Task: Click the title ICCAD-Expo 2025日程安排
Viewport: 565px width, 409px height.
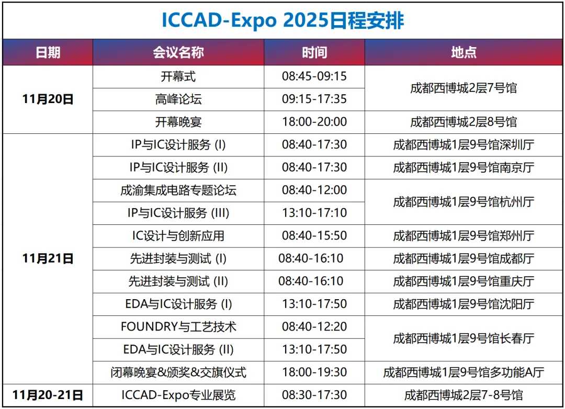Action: (x=282, y=20)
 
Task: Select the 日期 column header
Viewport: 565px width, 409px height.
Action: (x=48, y=52)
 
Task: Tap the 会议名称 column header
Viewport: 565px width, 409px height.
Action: (x=178, y=52)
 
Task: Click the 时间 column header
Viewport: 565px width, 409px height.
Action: (x=314, y=52)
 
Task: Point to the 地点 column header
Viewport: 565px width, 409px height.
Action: (x=464, y=52)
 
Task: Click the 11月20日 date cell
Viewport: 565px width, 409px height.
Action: (x=48, y=99)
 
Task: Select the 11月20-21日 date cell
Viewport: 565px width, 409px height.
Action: (x=48, y=395)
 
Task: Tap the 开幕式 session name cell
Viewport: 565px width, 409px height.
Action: (x=178, y=76)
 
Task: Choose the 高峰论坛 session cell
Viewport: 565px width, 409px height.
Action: (x=178, y=99)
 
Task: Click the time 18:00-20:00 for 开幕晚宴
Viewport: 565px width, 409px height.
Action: (x=314, y=122)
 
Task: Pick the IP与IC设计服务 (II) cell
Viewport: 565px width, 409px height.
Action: (x=178, y=167)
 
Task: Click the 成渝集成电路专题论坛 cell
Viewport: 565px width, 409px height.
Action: (x=178, y=190)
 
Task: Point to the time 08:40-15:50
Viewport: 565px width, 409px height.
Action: (x=314, y=235)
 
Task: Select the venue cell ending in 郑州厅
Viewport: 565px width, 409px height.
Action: (x=464, y=235)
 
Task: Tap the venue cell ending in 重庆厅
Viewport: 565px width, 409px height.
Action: (x=464, y=281)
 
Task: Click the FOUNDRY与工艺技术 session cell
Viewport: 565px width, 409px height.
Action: (x=178, y=327)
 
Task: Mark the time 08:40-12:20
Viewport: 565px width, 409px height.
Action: (x=314, y=327)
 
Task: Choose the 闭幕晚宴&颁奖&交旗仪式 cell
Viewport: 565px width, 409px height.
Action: (x=178, y=372)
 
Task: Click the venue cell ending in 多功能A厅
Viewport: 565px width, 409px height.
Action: (x=464, y=372)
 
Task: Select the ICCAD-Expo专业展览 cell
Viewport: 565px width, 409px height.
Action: (x=178, y=395)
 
